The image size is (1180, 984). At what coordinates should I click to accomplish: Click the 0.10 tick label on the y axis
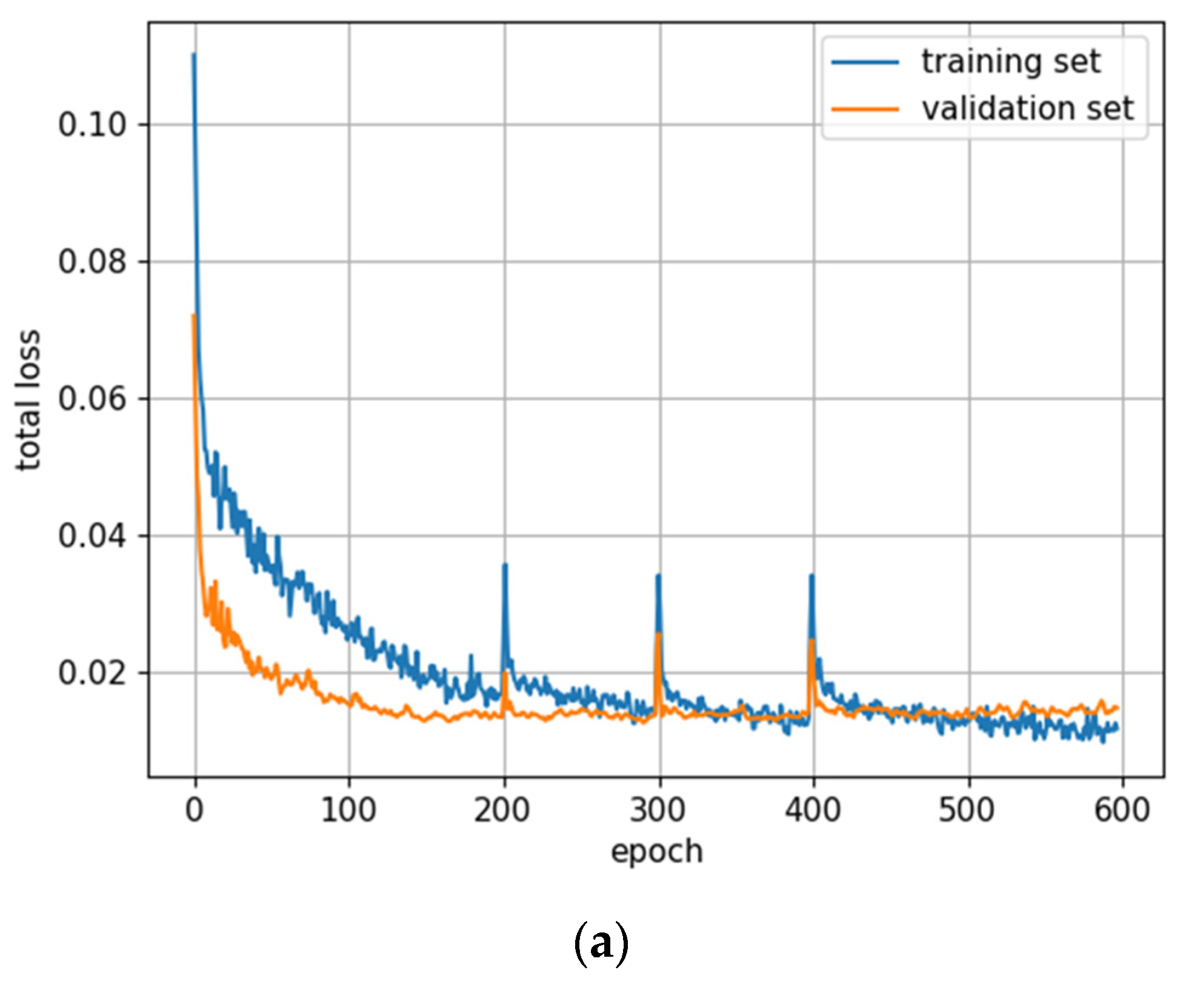[x=92, y=125]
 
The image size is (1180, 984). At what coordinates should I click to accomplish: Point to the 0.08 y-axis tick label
[x=92, y=262]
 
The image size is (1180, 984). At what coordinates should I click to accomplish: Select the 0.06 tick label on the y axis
[x=92, y=399]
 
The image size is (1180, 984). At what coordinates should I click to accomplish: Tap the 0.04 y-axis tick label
[x=92, y=536]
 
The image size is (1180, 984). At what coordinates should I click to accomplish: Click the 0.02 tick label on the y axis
[x=92, y=673]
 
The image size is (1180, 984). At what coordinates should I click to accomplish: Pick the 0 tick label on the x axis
[x=195, y=810]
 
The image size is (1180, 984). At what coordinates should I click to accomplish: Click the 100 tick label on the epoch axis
[x=348, y=810]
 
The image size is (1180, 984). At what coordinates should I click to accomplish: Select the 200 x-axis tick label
[x=502, y=810]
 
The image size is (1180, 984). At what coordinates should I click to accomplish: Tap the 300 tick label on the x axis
[x=658, y=810]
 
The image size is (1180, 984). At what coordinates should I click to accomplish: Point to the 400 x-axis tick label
[x=813, y=810]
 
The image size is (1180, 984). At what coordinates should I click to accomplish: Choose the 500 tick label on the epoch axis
[x=967, y=810]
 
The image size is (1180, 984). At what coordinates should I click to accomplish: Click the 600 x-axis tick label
[x=1122, y=810]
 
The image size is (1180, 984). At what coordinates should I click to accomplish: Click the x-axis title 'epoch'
[x=657, y=852]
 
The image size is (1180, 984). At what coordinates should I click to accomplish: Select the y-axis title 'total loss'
[x=28, y=400]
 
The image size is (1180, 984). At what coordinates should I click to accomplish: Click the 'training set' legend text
[x=1011, y=62]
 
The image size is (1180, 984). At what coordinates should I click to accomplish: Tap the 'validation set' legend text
[x=1027, y=109]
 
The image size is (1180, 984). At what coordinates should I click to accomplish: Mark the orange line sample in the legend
[x=865, y=110]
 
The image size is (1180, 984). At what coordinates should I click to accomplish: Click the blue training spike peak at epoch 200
[x=505, y=565]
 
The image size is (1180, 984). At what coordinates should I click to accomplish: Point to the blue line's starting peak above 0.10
[x=194, y=55]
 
